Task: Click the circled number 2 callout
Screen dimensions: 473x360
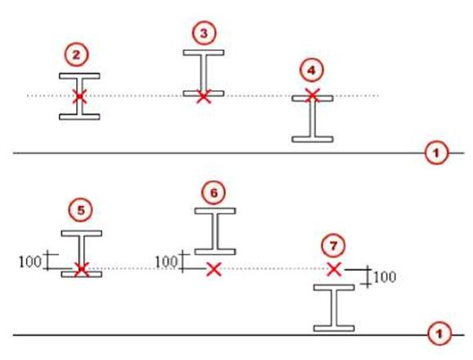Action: pyautogui.click(x=77, y=55)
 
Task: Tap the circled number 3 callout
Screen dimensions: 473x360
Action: pyautogui.click(x=205, y=34)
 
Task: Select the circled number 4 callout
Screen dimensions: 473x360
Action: pyautogui.click(x=312, y=70)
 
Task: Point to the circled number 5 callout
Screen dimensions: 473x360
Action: pyautogui.click(x=81, y=210)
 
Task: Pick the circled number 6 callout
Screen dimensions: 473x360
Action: pyautogui.click(x=214, y=192)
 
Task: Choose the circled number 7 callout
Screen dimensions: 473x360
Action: pyautogui.click(x=333, y=246)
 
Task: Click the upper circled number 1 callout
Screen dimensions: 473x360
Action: pyautogui.click(x=436, y=153)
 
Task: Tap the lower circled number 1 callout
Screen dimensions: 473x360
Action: pyautogui.click(x=439, y=334)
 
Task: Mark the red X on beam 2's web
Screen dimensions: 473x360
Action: pyautogui.click(x=79, y=97)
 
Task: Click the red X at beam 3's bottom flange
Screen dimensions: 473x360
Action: pyautogui.click(x=204, y=97)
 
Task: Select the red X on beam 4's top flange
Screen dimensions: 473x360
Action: pyautogui.click(x=313, y=95)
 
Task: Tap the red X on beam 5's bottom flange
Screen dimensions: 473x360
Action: pyautogui.click(x=82, y=269)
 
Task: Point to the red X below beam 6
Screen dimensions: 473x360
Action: pyautogui.click(x=214, y=269)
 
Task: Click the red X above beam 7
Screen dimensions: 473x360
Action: pyautogui.click(x=334, y=269)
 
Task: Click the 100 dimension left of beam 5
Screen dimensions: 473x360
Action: pyautogui.click(x=29, y=262)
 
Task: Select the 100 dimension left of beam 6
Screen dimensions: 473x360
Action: pyautogui.click(x=166, y=261)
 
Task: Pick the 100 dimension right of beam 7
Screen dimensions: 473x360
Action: pyautogui.click(x=385, y=277)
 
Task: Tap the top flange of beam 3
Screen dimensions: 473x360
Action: pyautogui.click(x=204, y=52)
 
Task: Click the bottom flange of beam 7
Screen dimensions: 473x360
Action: pyautogui.click(x=334, y=328)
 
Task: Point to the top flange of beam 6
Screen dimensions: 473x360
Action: pyautogui.click(x=215, y=211)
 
